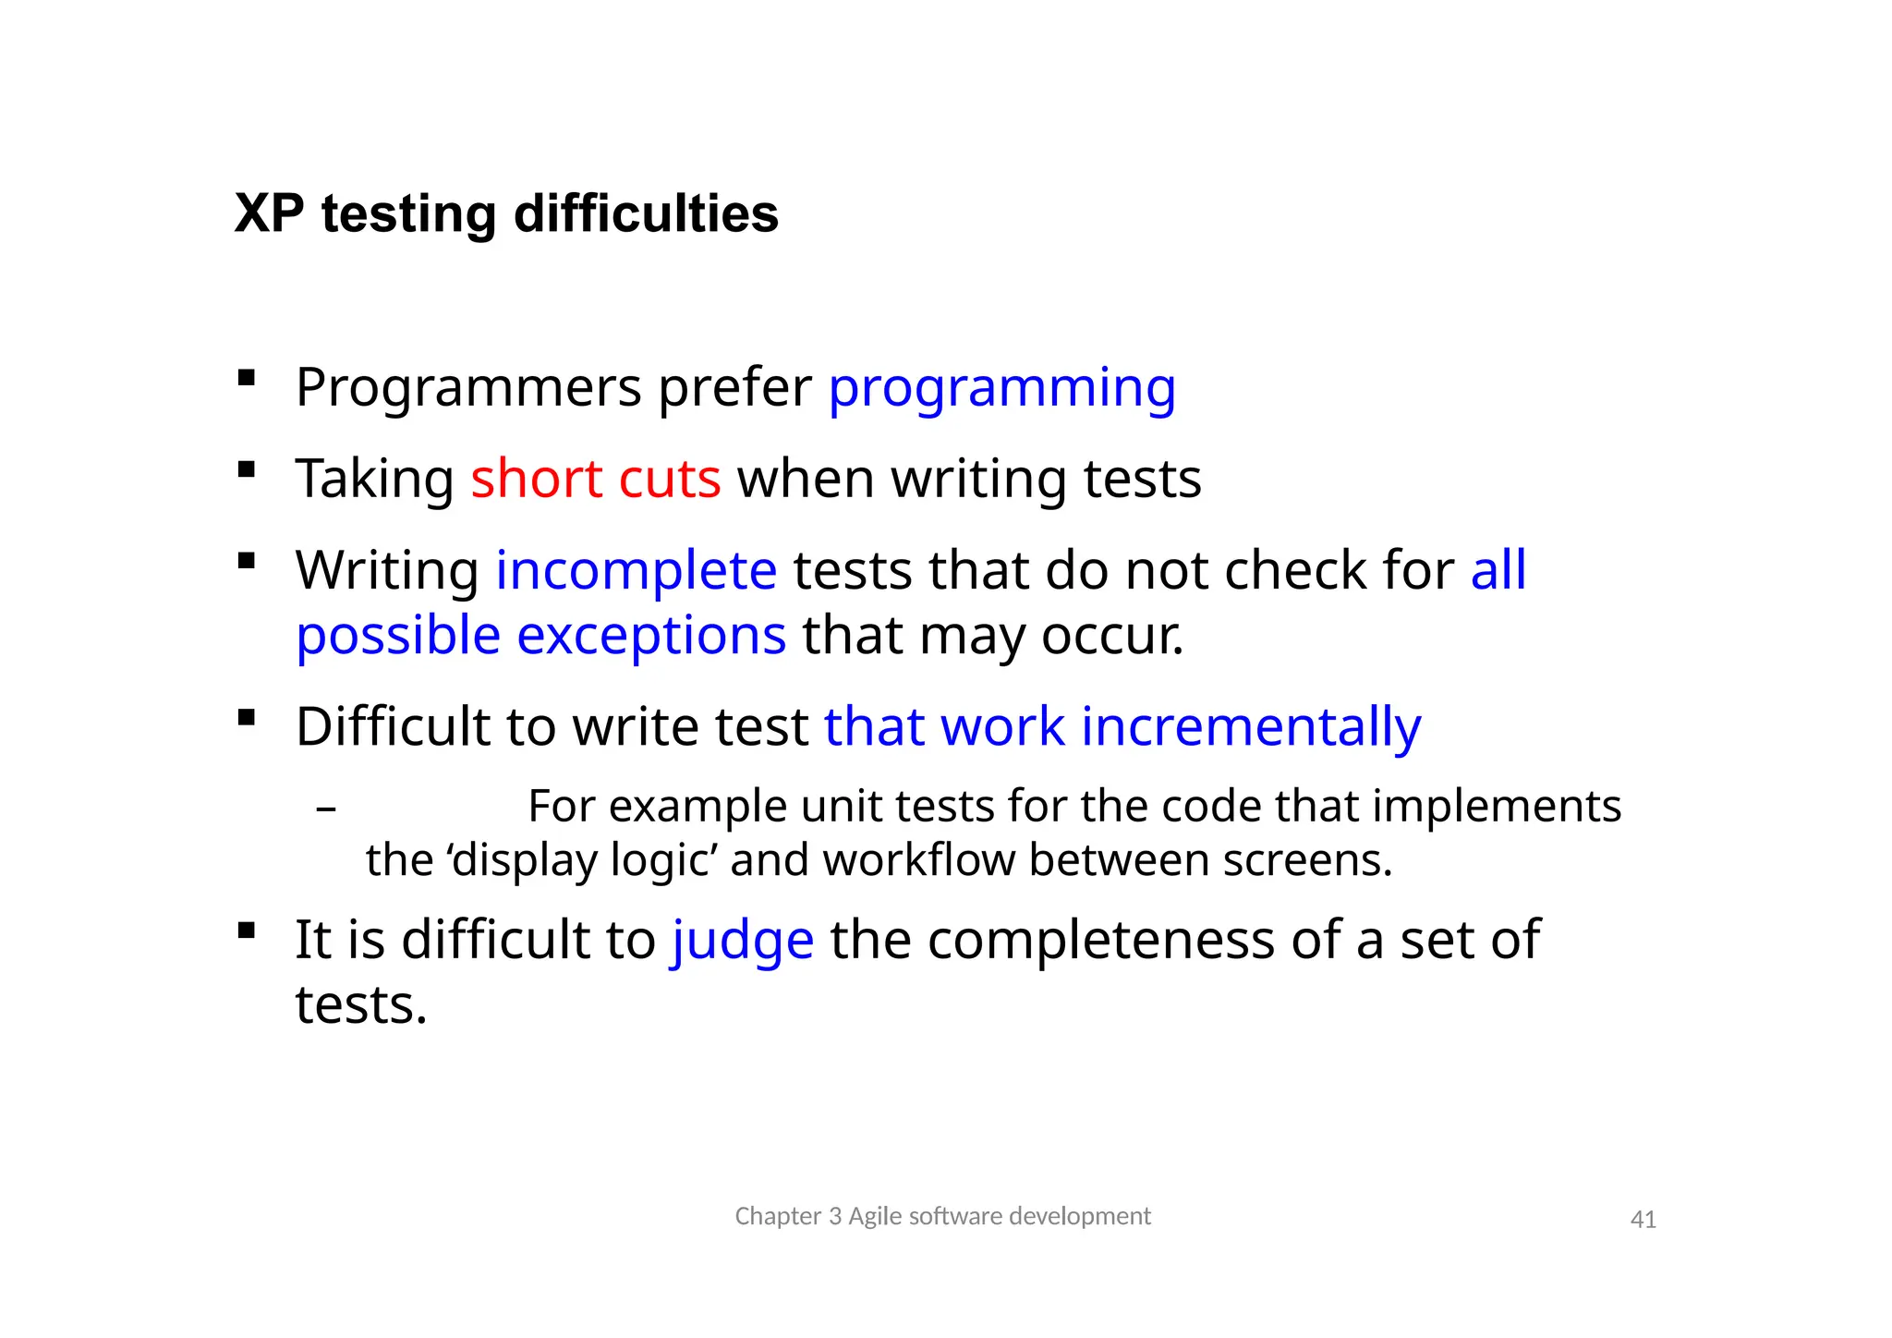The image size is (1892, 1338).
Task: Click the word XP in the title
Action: [x=269, y=214]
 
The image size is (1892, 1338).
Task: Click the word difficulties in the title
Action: [x=646, y=214]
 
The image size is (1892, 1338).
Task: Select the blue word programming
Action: [x=1001, y=388]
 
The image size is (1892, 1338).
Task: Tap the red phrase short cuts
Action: [x=595, y=479]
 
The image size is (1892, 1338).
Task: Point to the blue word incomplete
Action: [x=637, y=570]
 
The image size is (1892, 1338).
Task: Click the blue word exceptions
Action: [x=651, y=636]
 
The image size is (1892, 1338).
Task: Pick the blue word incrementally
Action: [x=1251, y=726]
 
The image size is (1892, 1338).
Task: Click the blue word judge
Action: [x=742, y=941]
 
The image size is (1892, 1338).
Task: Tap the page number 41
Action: [x=1643, y=1220]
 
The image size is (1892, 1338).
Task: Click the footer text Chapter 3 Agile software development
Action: [x=942, y=1216]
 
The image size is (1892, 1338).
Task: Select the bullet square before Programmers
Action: [x=246, y=378]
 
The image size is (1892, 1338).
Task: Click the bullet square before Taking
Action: [x=246, y=469]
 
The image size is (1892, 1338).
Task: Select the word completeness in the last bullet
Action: [x=1100, y=941]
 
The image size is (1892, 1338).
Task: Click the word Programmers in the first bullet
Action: [x=468, y=388]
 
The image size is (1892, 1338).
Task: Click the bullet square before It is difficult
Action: [x=246, y=931]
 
